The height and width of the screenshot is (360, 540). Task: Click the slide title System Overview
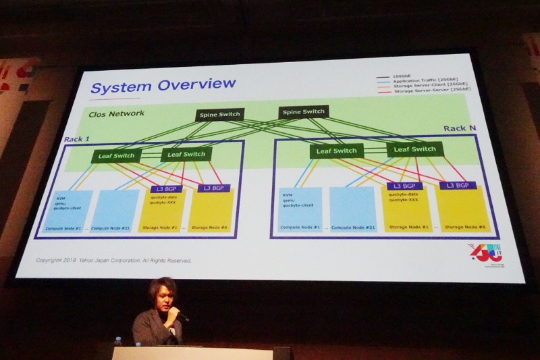coord(163,86)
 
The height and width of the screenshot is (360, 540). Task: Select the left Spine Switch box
coord(220,114)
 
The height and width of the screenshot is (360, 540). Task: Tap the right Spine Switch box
coord(303,111)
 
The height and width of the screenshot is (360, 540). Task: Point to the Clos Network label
coord(116,113)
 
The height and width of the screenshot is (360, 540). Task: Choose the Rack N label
coord(460,128)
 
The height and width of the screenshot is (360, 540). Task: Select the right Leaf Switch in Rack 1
coord(186,154)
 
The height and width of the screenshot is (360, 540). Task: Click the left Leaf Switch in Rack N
coord(336,151)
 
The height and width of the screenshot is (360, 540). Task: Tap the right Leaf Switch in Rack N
coord(414,149)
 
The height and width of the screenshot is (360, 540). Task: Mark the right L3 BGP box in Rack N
coord(458,185)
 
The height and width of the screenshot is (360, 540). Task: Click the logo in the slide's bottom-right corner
coord(485,252)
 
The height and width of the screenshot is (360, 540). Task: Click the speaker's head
coord(162,292)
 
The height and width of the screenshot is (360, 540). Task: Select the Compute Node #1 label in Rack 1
coord(63,229)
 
